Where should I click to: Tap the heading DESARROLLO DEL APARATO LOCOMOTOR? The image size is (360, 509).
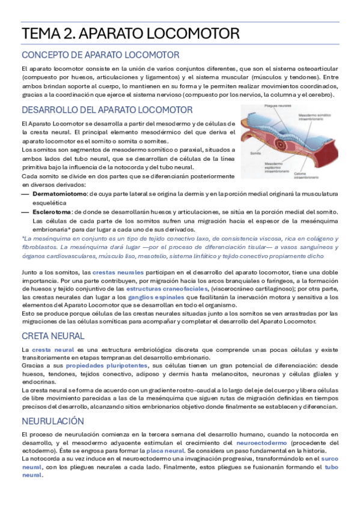(107, 110)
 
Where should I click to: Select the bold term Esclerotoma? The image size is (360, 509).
(52, 212)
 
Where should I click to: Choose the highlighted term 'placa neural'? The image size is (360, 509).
(165, 450)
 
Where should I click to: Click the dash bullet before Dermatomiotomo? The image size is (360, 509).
(25, 194)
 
